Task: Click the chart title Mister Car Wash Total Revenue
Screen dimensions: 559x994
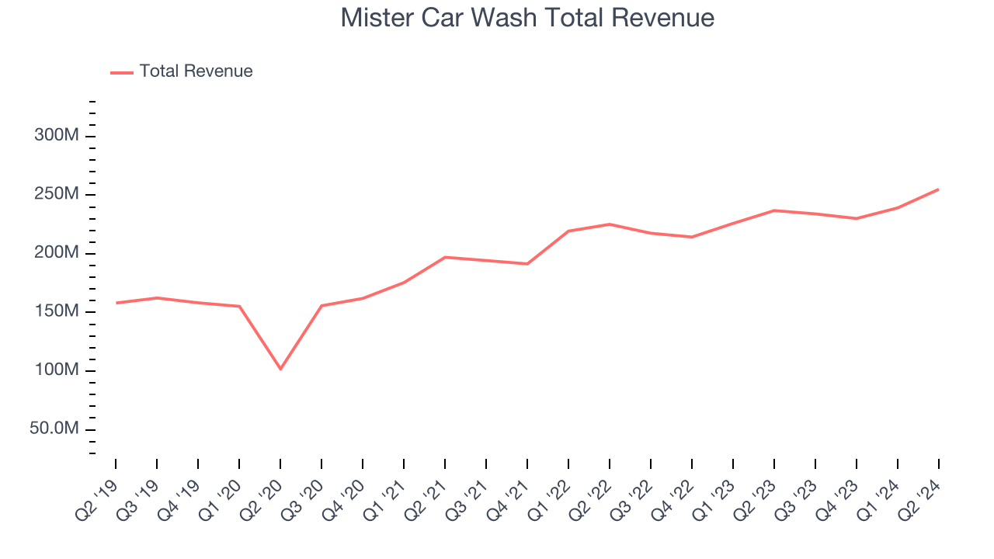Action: [x=527, y=17]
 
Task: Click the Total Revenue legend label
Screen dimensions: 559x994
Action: [x=196, y=71]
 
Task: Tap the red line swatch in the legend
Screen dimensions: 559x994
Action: [x=122, y=72]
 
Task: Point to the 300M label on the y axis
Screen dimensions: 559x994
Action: [x=57, y=136]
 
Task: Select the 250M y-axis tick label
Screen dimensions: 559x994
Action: [x=57, y=194]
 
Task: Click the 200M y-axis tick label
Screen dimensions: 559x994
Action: [x=57, y=253]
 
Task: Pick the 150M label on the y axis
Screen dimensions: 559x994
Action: [x=57, y=311]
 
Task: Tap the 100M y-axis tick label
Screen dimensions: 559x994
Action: [x=57, y=370]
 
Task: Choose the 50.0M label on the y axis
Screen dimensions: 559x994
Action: [x=54, y=429]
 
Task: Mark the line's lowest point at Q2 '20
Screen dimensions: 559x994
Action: [x=280, y=369]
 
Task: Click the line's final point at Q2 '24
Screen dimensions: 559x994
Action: [x=938, y=189]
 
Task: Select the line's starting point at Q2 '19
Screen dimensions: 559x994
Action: [x=116, y=303]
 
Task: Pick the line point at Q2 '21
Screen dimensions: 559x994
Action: [x=445, y=257]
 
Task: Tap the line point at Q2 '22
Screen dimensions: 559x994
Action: [x=610, y=224]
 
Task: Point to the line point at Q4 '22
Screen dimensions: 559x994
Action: [x=691, y=237]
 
